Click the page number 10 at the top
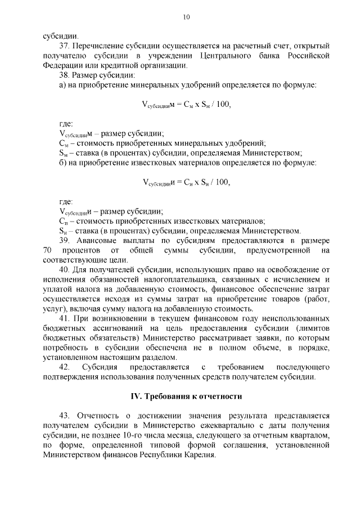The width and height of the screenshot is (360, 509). (x=186, y=17)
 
